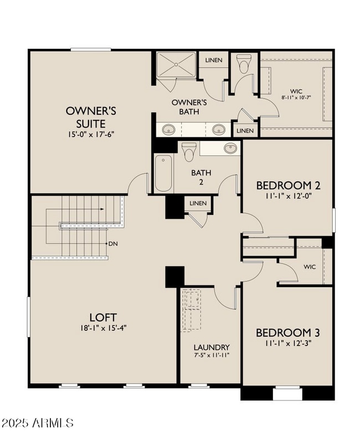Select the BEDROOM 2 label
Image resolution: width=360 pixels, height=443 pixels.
(x=288, y=186)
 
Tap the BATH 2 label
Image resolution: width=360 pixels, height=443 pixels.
(x=198, y=177)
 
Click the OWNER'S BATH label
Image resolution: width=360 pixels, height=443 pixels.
(x=189, y=108)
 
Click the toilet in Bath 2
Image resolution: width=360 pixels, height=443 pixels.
(x=189, y=150)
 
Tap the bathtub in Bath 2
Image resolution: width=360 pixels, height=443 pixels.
(x=163, y=173)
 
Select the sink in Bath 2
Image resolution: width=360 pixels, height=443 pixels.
(x=230, y=148)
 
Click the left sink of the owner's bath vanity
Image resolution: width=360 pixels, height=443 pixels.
(x=169, y=130)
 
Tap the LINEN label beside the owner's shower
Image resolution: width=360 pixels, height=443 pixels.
(x=214, y=60)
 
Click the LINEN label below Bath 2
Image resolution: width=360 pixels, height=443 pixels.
(x=198, y=203)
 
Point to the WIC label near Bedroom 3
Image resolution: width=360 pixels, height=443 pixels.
(x=310, y=267)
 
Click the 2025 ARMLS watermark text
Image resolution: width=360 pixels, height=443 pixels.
(x=37, y=423)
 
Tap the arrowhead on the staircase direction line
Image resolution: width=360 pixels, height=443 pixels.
(x=103, y=209)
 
